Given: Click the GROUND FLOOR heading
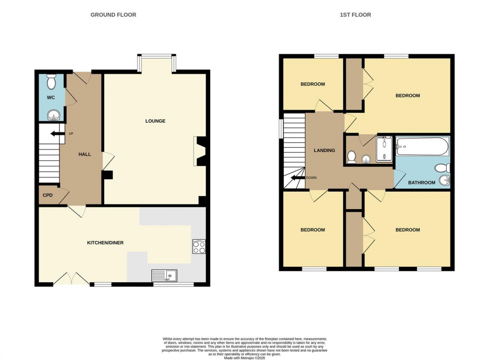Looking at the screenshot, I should [x=113, y=15].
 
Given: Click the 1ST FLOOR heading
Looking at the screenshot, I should [x=355, y=15].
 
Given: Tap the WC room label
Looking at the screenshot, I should [x=51, y=97].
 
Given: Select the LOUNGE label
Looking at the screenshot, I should [x=155, y=121].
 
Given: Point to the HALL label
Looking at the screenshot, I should [x=85, y=154].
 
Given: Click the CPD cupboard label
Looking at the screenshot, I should [x=47, y=195].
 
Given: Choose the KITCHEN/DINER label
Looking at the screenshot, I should [x=105, y=243].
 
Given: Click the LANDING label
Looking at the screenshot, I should [x=324, y=151].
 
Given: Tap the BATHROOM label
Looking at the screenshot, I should [x=421, y=183].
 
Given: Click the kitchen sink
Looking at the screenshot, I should [x=164, y=275].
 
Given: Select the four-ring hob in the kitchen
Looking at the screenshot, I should [x=199, y=246].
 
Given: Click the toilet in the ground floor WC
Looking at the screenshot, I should [x=52, y=82].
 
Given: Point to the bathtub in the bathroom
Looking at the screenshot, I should [x=422, y=146].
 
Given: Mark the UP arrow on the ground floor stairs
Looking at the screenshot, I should [x=58, y=134].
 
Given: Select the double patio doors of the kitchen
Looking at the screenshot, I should [x=71, y=279].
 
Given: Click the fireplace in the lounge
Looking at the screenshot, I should [x=199, y=151].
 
